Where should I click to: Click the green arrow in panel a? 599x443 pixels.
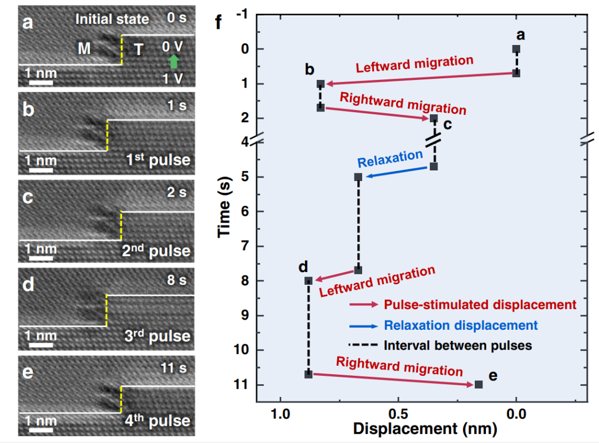(174, 62)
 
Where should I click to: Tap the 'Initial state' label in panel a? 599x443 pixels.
(113, 19)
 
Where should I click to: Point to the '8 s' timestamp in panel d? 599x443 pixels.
(177, 280)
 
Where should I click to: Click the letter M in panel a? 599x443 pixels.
(84, 49)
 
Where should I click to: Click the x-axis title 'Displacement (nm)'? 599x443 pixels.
(425, 429)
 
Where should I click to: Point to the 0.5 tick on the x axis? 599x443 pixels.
(398, 414)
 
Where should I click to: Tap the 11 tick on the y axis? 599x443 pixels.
(242, 385)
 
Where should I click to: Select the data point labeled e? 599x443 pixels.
(479, 384)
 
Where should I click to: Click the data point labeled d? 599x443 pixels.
(308, 280)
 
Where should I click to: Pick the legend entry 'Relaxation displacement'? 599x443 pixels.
(460, 325)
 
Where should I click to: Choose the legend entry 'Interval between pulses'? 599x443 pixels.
(458, 345)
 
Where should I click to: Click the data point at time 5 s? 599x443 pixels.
(358, 177)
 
